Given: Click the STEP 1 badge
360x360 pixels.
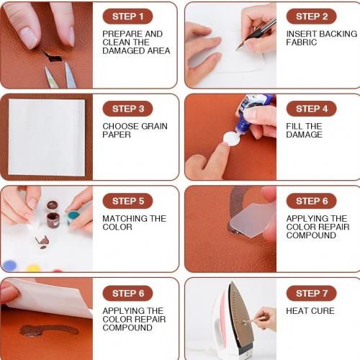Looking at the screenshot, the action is (x=127, y=17).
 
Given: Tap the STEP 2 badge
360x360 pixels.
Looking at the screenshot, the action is (x=312, y=17).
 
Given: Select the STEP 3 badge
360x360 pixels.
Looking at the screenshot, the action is (x=127, y=109).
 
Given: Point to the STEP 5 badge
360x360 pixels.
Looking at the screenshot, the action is (x=127, y=201).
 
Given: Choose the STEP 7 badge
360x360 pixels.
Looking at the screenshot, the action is (x=312, y=293).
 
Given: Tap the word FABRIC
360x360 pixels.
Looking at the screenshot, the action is (x=302, y=42).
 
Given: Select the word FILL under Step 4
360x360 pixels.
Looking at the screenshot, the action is (x=294, y=126).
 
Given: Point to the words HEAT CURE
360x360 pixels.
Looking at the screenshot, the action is (x=310, y=311).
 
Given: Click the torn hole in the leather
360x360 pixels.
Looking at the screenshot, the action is (x=53, y=57).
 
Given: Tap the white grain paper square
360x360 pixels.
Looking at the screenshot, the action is (x=47, y=138).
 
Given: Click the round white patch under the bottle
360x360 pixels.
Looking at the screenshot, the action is (x=232, y=139).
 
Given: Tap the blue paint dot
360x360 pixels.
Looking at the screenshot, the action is (x=9, y=266).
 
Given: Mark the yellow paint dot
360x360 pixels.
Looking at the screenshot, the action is (x=34, y=268).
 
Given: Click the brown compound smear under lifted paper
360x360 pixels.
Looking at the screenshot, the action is (x=48, y=330).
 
